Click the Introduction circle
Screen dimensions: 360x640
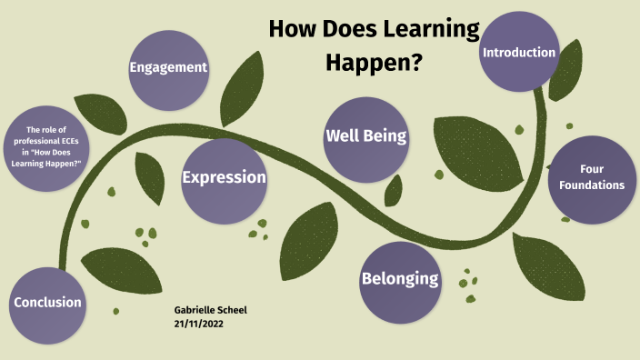tap(519, 52)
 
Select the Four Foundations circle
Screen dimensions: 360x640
tap(592, 179)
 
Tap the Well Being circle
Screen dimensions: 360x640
tap(365, 138)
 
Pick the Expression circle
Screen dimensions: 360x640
tap(224, 177)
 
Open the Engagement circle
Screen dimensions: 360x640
tap(168, 69)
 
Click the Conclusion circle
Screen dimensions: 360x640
tap(47, 303)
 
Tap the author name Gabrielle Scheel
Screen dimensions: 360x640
tap(210, 310)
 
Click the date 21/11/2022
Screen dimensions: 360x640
tap(198, 324)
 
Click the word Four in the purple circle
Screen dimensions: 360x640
tap(592, 169)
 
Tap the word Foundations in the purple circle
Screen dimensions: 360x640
tap(592, 185)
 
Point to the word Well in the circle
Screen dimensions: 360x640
tap(344, 137)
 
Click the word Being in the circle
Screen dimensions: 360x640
tap(385, 137)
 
